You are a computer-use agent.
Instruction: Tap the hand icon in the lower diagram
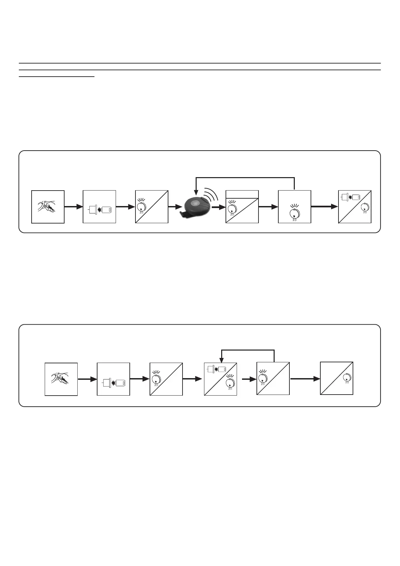coord(61,378)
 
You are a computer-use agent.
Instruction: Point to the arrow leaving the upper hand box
coord(73,207)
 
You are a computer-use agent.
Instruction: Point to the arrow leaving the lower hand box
coord(87,379)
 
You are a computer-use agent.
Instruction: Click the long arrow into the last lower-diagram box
coord(305,379)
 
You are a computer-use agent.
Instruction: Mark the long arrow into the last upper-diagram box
coord(324,206)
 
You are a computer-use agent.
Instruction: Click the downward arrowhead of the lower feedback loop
coord(221,359)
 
